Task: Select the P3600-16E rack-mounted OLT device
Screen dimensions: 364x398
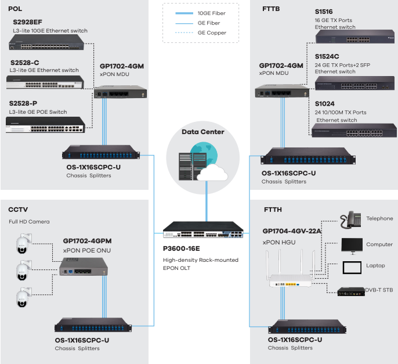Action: tap(203, 230)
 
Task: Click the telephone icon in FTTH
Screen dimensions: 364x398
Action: tap(352, 219)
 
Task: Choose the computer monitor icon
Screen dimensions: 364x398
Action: tap(352, 244)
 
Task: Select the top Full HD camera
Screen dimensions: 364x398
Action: tap(23, 244)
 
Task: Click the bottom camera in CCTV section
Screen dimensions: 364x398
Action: tap(23, 298)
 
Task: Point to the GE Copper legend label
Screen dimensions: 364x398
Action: tap(212, 33)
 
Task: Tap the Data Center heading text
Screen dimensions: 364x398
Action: tap(203, 132)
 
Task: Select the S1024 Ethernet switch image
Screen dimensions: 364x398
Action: tap(346, 131)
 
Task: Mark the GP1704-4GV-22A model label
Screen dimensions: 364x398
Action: tap(292, 230)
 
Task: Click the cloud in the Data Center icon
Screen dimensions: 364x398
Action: tap(210, 172)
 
